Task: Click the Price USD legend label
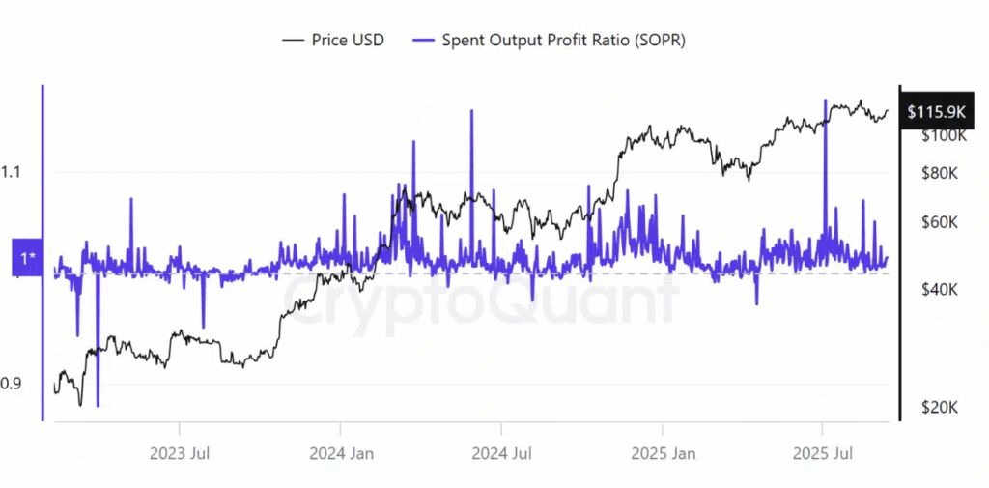pos(348,40)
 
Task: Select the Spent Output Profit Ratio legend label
pos(563,40)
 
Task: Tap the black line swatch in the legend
pos(293,40)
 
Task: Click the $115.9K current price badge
pos(936,113)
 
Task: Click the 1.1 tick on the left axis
pos(12,173)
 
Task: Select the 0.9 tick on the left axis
pos(12,384)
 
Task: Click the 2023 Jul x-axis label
pos(180,452)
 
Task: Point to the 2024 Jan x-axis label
pos(340,452)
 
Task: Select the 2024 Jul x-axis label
pos(500,452)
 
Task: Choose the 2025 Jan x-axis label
pos(662,452)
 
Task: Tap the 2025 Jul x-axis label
pos(822,452)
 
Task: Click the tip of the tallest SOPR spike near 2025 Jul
pos(825,100)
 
